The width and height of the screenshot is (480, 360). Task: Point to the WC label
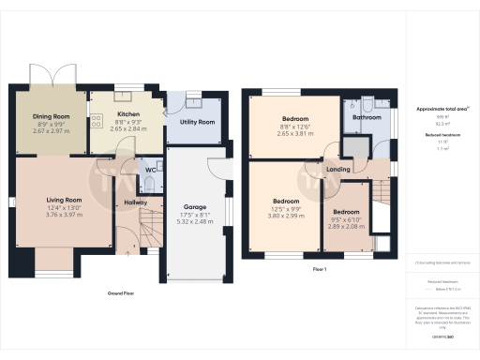149,170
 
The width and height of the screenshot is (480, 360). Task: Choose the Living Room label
66,200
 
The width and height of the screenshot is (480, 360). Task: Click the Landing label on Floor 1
338,170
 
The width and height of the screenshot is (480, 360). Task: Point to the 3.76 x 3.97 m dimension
66,215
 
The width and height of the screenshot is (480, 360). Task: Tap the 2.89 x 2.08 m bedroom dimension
346,226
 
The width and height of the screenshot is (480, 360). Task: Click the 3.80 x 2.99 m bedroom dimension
286,215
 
